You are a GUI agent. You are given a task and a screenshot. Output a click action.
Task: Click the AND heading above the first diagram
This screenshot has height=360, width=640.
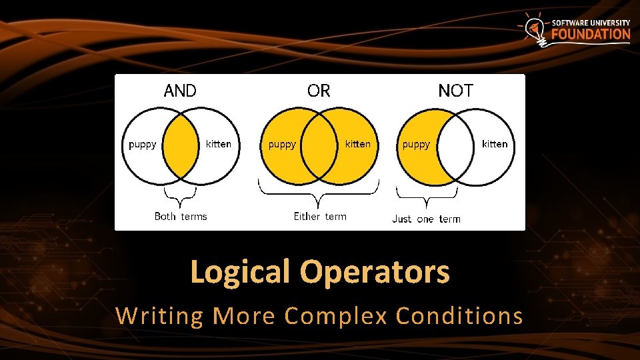[180, 91]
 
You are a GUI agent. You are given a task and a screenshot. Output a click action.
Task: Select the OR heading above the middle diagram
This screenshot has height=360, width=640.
[319, 91]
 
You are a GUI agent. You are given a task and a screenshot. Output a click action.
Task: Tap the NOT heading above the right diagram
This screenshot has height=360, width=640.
[455, 91]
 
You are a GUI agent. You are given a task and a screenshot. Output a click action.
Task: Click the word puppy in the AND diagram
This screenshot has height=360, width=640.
[143, 144]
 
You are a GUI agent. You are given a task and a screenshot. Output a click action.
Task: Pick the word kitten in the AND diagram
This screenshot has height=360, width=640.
[219, 144]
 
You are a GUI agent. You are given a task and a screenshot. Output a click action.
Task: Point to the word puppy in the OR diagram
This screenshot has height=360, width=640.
[282, 144]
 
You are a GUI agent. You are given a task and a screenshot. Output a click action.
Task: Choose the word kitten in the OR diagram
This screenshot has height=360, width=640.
[358, 144]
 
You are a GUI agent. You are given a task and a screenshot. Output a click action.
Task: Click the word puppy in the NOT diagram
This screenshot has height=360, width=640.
[416, 144]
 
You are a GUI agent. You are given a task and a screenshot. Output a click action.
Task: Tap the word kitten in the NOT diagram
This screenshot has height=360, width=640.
[495, 144]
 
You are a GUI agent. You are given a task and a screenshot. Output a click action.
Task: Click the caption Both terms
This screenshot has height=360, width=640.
[181, 216]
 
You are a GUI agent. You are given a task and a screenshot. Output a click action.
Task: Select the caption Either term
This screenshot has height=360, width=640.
[320, 216]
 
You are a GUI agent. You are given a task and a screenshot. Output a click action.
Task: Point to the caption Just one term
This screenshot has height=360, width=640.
[426, 219]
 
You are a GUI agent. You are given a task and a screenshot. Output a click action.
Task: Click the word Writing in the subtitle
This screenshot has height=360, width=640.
[159, 315]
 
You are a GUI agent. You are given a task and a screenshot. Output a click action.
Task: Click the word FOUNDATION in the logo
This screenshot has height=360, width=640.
[590, 34]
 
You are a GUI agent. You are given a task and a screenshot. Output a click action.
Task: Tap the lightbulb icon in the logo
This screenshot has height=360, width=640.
[534, 30]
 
